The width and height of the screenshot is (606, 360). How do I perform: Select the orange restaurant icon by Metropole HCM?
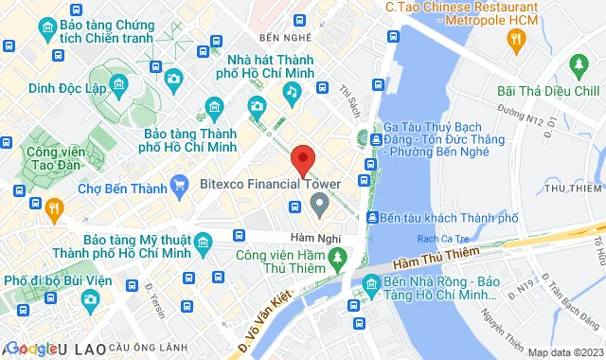516,39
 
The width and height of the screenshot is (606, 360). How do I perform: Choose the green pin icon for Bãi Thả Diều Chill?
579,65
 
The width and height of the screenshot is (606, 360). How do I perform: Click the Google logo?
31,348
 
